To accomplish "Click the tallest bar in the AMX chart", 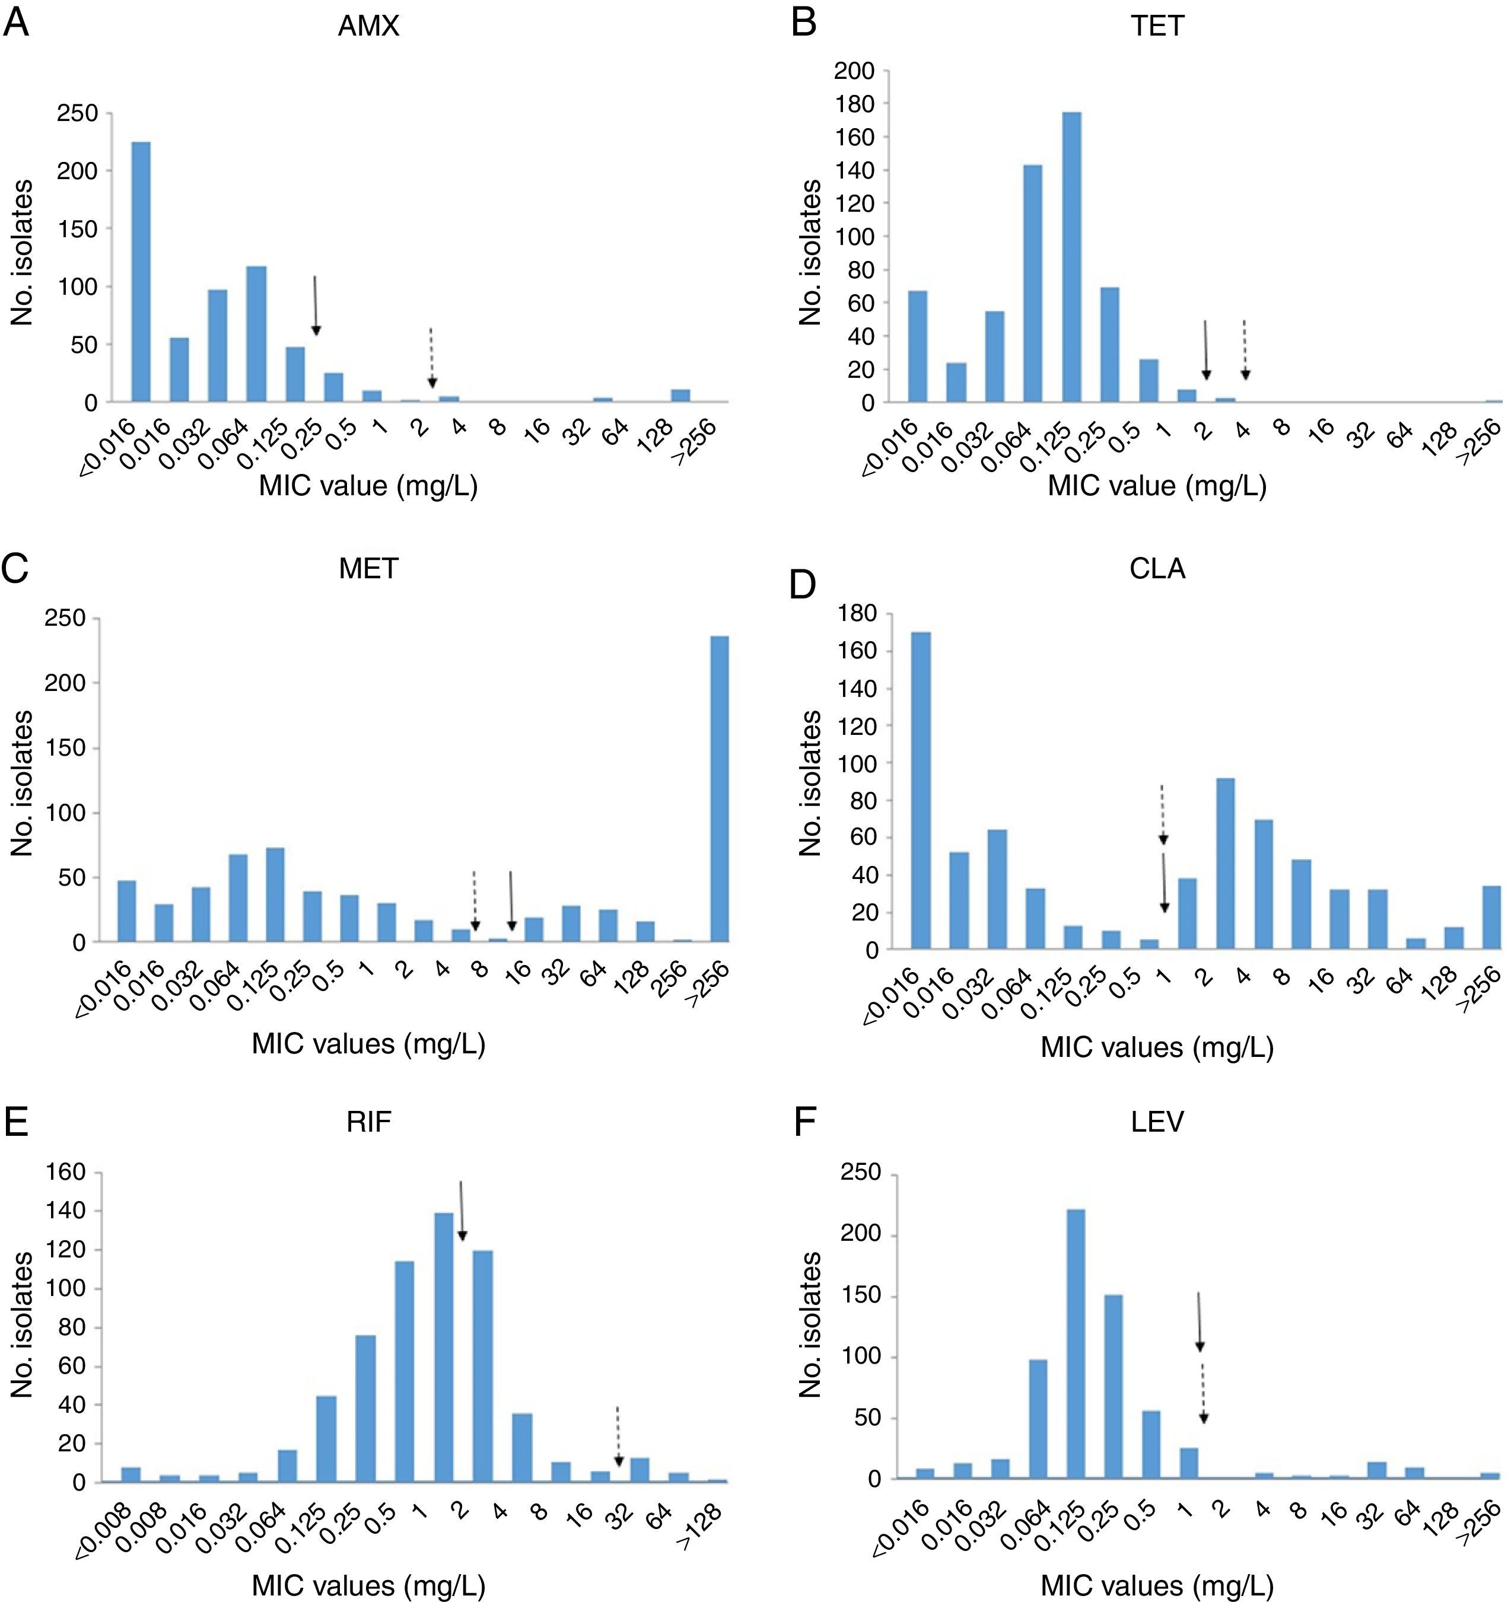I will point(141,272).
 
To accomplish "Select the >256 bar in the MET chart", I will point(719,789).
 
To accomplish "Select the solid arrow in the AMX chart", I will point(316,305).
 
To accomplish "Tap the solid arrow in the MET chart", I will point(511,900).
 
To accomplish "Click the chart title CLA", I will point(1157,569).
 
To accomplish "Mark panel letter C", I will point(15,569).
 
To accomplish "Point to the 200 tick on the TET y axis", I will point(854,71).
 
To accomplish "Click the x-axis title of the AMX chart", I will point(368,486).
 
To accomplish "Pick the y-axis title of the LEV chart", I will point(809,1325).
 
